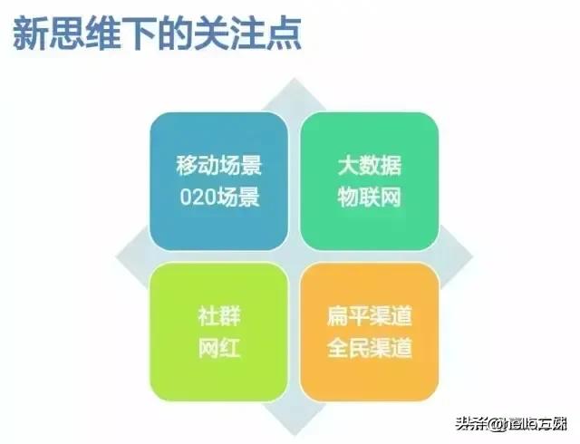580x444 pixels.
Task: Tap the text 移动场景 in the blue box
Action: pos(217,168)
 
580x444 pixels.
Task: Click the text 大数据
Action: pos(368,168)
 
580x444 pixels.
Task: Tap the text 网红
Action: pos(217,348)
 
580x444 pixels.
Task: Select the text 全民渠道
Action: pos(369,348)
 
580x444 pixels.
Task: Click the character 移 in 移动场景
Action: pos(187,168)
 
